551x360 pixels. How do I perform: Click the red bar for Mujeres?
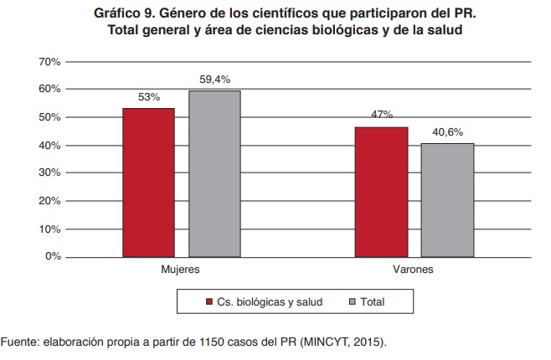(148, 182)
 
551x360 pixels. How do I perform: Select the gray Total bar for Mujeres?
(214, 173)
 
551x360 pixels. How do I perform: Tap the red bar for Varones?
(381, 191)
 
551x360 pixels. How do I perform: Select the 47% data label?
(381, 115)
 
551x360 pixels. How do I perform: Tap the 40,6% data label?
(448, 131)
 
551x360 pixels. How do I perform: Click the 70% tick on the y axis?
(49, 62)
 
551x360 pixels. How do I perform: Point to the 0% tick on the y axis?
(53, 256)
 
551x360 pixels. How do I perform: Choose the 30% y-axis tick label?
(49, 173)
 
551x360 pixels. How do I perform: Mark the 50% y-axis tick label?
(49, 117)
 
